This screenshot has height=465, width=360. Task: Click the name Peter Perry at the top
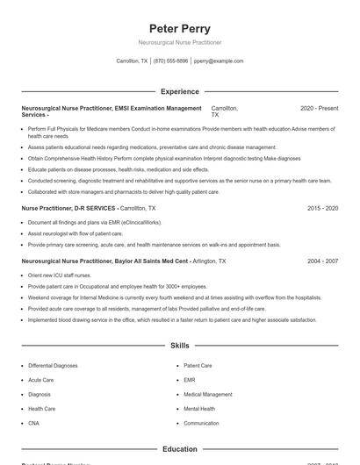[180, 28]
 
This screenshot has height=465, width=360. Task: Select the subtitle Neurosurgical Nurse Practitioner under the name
[180, 42]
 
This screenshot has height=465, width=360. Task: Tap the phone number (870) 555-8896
[170, 61]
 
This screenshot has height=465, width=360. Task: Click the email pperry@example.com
[219, 61]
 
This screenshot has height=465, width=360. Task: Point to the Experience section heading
[180, 91]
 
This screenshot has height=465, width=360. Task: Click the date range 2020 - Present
[319, 108]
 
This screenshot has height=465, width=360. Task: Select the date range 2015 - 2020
[322, 209]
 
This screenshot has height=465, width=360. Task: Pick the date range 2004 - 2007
[322, 261]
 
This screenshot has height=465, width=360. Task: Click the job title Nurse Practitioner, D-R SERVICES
[68, 209]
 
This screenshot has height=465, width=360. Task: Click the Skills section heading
[180, 346]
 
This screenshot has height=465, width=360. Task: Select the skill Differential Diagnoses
[54, 365]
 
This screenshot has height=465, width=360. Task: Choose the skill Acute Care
[40, 380]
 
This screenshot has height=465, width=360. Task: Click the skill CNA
[33, 423]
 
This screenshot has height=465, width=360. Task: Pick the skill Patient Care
[198, 365]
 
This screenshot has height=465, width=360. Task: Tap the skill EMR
[190, 380]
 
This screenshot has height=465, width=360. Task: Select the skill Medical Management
[208, 395]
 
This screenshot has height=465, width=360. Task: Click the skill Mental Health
[200, 409]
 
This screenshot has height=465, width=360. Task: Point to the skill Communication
[202, 423]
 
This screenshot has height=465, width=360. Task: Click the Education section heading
[180, 449]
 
